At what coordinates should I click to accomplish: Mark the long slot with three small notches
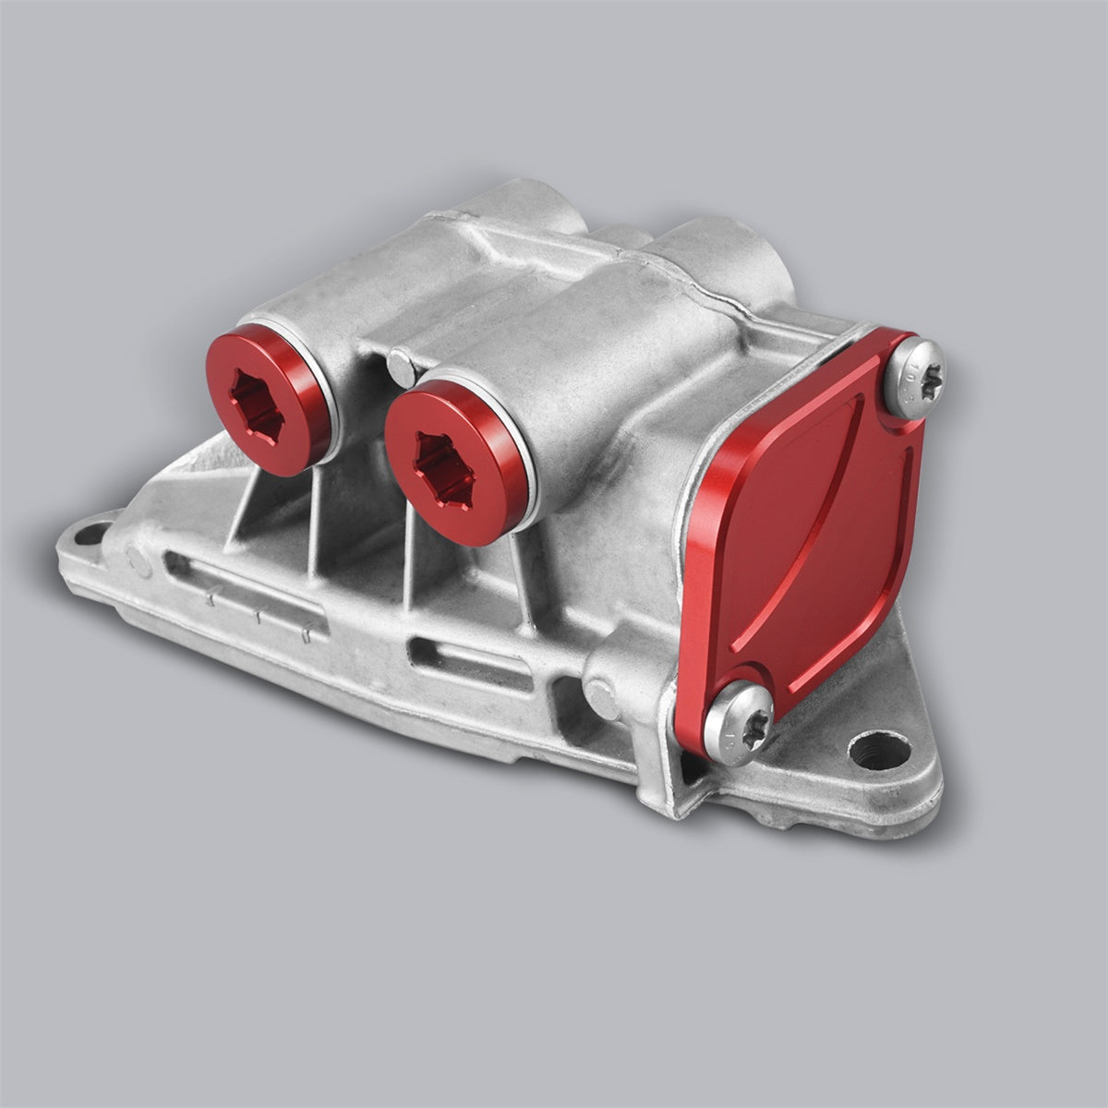coord(245,600)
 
